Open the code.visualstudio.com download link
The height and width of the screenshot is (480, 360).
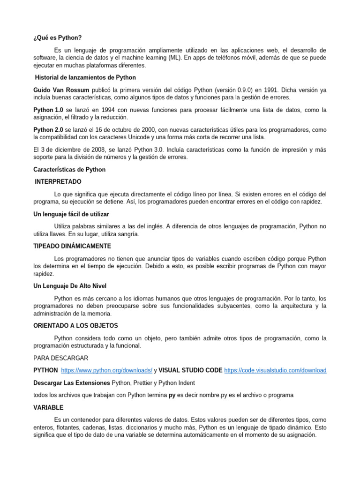point(275,370)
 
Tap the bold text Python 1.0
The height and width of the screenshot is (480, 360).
point(48,110)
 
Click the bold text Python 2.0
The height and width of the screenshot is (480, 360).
point(48,130)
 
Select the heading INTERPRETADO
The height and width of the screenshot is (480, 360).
point(59,181)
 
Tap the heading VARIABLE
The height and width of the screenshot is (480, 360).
point(48,408)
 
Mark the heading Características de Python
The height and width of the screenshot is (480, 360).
point(69,170)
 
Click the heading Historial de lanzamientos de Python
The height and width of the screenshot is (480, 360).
point(86,77)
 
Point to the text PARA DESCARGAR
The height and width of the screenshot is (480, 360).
point(60,358)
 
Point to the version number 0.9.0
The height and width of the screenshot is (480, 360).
point(232,90)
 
